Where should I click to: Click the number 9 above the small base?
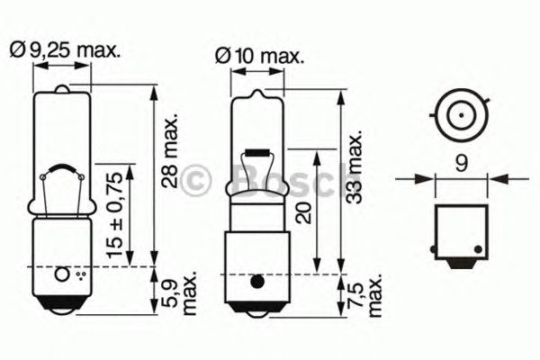coord(460,165)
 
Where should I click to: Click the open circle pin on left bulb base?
coord(62,274)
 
